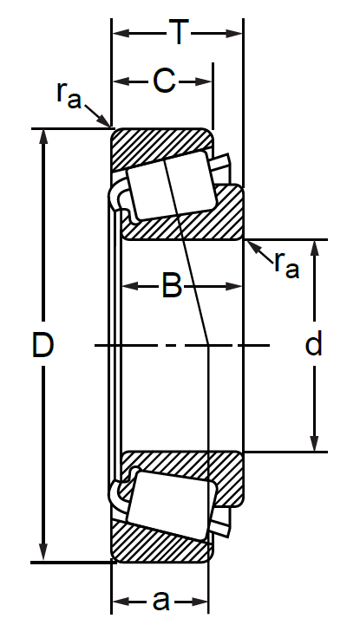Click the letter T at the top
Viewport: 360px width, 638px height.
click(x=179, y=33)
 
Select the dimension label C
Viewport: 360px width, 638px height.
click(x=164, y=81)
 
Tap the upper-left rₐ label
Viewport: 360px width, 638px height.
click(x=69, y=94)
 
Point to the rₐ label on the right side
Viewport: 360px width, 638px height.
click(x=286, y=262)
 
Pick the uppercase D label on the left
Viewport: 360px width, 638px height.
click(x=43, y=346)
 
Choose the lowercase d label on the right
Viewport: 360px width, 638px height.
click(x=314, y=345)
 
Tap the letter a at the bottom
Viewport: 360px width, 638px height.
click(x=160, y=600)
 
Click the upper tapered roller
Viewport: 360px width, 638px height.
click(x=169, y=185)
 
